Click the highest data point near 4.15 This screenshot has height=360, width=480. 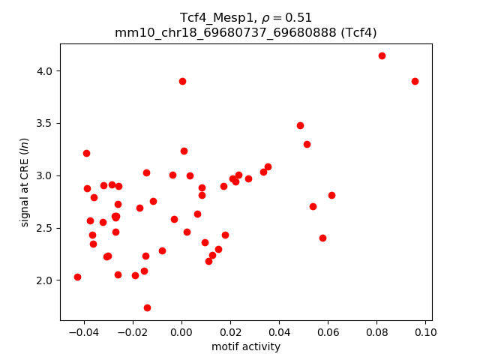tap(382, 55)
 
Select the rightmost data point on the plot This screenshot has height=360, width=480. tap(415, 81)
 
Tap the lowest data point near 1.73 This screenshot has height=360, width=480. tap(147, 307)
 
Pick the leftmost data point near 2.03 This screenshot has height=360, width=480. tap(77, 277)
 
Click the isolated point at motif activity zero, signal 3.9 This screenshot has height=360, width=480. tap(182, 81)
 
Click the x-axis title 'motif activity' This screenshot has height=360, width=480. tap(246, 346)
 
